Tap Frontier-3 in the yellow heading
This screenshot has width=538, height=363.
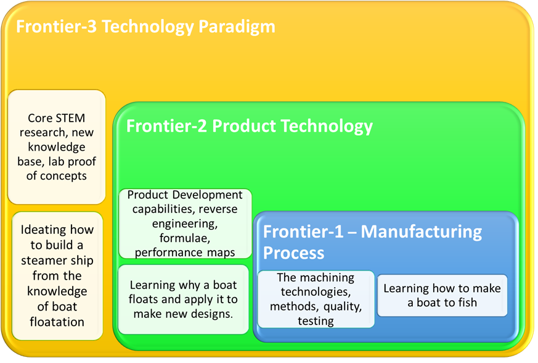tap(56, 27)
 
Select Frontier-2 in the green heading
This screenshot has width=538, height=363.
tap(166, 126)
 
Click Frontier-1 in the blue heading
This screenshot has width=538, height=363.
tap(303, 232)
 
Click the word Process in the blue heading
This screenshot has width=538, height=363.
tap(293, 253)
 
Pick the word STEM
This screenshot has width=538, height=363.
tap(70, 118)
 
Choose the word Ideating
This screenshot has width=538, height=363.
tap(41, 230)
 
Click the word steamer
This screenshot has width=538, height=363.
tap(39, 261)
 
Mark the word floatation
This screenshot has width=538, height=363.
tap(57, 322)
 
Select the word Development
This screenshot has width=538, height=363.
tap(207, 195)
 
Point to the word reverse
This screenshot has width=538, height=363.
tap(218, 209)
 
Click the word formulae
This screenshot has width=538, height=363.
tap(185, 238)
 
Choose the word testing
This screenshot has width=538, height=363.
tap(316, 321)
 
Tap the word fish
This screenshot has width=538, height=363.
tap(467, 302)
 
